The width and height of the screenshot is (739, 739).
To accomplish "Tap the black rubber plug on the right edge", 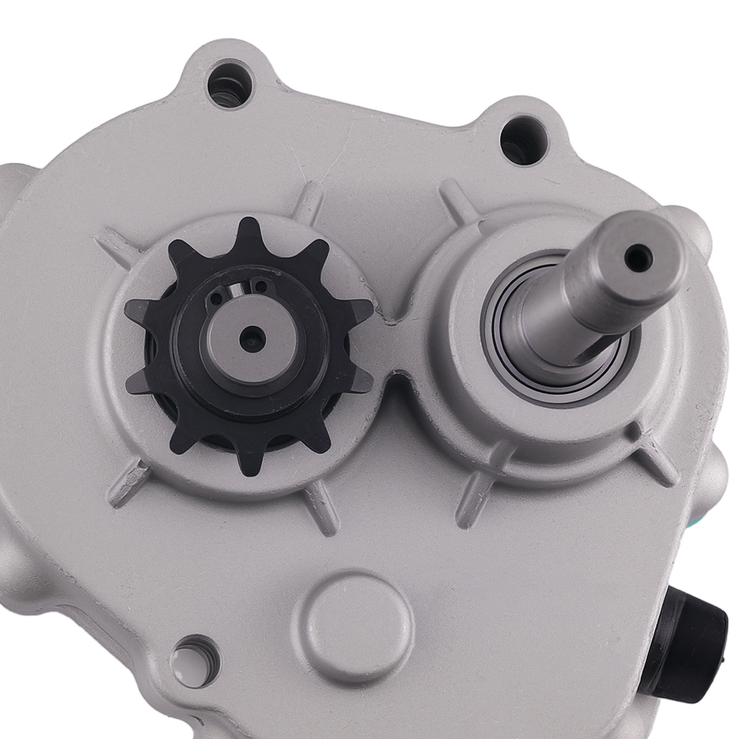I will coord(693,610).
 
